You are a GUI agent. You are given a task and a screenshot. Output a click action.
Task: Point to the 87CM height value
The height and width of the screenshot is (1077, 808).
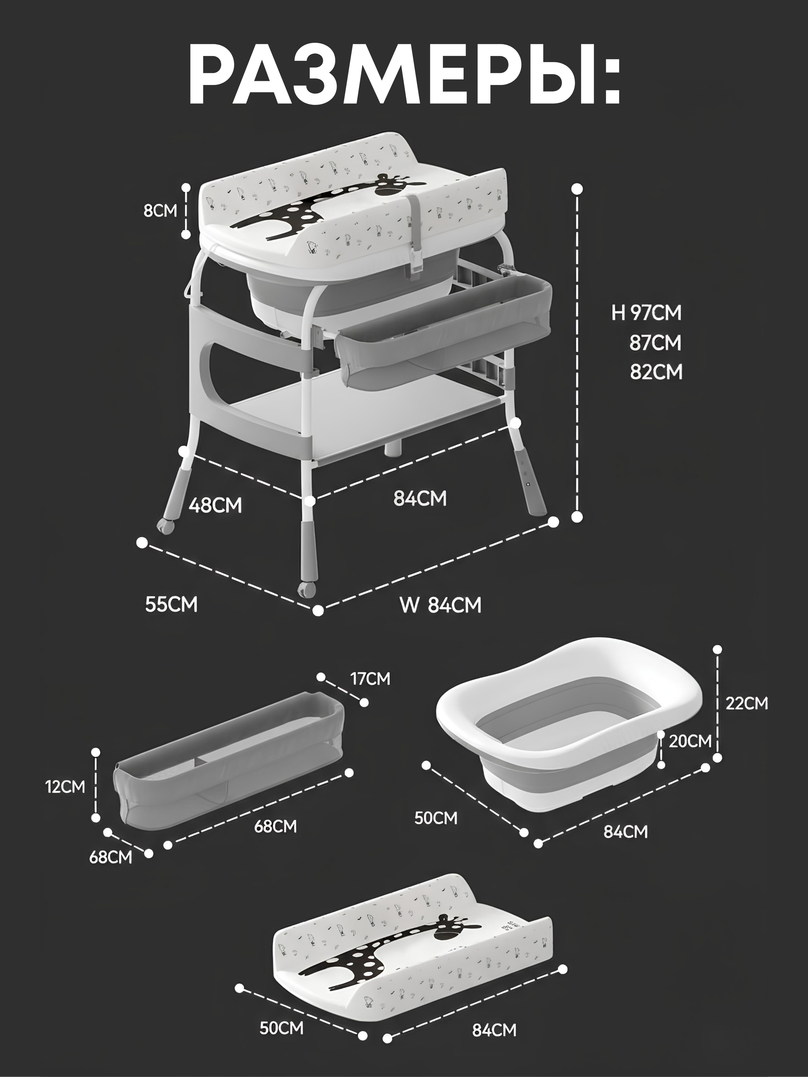pyautogui.click(x=655, y=343)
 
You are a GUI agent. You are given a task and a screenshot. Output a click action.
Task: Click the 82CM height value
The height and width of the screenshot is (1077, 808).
pyautogui.click(x=656, y=372)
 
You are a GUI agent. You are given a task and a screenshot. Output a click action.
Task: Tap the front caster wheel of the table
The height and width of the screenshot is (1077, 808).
pyautogui.click(x=307, y=589)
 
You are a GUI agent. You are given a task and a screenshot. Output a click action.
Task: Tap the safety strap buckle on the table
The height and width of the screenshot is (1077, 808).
pyautogui.click(x=416, y=258)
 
